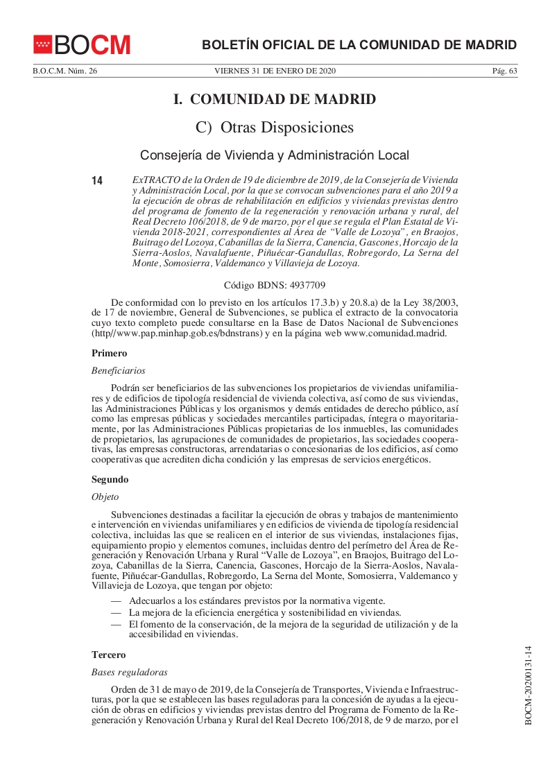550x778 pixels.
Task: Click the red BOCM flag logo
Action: coord(42,44)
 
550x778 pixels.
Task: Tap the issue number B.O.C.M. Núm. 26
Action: coord(65,71)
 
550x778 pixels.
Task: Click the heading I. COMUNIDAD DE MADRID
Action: coord(275,99)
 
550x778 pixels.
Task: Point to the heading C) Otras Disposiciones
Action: coord(275,128)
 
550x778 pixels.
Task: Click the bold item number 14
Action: coord(97,180)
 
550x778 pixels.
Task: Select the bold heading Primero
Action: coord(110,353)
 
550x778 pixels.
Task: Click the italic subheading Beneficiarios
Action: coord(118,371)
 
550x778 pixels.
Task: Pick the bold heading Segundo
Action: coord(110,479)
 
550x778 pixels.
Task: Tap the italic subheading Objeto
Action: coord(106,496)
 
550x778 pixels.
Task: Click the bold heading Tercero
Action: coord(109,655)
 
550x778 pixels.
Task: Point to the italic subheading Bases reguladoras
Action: coord(130,672)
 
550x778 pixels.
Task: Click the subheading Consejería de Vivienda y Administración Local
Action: coord(275,155)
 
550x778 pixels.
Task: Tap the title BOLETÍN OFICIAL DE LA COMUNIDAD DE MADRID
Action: coord(359,45)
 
